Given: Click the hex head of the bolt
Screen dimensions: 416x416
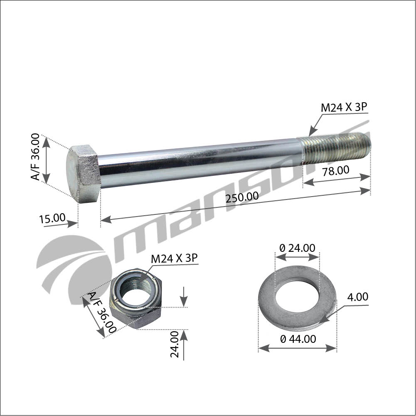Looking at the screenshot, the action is click(x=83, y=174).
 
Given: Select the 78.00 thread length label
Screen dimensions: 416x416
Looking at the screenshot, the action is click(x=336, y=170).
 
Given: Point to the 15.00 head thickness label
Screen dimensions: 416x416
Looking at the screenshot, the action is click(x=52, y=218).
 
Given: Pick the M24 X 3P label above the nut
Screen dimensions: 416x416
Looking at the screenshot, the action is click(x=174, y=258).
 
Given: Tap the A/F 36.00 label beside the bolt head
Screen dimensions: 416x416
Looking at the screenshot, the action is click(x=36, y=157).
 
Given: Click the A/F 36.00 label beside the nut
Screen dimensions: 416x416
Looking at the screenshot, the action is click(x=102, y=312).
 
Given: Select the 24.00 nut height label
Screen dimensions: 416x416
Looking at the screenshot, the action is click(x=175, y=344).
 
